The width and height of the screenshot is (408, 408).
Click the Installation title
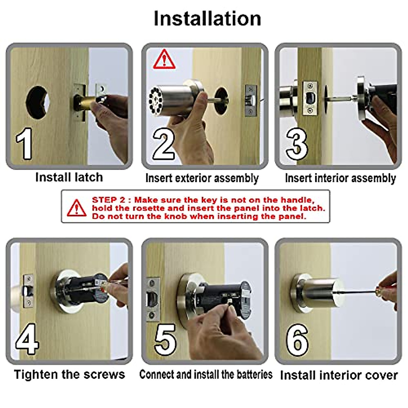(207, 19)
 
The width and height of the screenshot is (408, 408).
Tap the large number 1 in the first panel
(24, 144)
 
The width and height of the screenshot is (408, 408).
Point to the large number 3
(296, 144)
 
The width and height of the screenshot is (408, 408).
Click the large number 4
(27, 339)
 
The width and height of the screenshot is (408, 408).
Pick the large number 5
(165, 339)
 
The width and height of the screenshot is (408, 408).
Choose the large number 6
(297, 339)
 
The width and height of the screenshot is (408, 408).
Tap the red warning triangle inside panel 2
(164, 60)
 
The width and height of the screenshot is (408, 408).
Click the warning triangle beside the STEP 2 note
(76, 208)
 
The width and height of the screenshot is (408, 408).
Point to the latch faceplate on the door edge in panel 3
(310, 98)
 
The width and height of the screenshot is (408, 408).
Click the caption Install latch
(69, 177)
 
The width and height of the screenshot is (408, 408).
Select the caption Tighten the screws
(69, 374)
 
